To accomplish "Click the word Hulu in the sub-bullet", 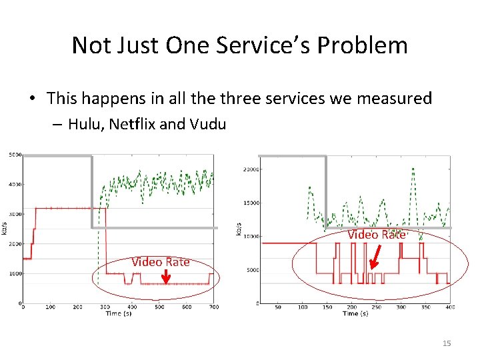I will (x=82, y=124).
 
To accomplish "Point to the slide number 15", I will (x=446, y=343).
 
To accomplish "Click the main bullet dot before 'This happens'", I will (x=32, y=99).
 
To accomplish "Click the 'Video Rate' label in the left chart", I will (x=160, y=262).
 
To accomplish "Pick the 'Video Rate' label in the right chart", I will (x=376, y=235).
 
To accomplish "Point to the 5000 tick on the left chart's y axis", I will (x=15, y=155).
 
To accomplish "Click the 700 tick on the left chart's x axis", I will (x=213, y=307).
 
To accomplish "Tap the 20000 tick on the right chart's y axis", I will (x=250, y=169).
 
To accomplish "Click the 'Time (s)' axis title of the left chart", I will (x=118, y=313).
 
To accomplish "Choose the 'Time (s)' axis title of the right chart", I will (x=354, y=313).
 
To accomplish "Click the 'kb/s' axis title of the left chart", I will (x=5, y=229).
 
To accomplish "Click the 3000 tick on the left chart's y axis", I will (x=15, y=215).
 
